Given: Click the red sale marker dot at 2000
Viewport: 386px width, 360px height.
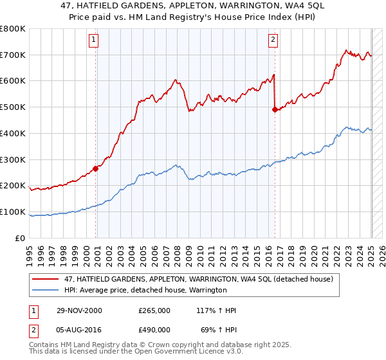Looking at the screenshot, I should (96, 169).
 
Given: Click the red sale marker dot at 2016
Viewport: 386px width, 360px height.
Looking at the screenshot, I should (275, 110).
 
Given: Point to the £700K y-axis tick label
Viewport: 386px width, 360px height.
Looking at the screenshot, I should (13, 55).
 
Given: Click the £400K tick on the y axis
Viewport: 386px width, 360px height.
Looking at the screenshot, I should (13, 133).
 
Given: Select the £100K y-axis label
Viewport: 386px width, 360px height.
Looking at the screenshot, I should (13, 212).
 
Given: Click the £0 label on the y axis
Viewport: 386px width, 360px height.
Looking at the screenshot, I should (20, 238).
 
